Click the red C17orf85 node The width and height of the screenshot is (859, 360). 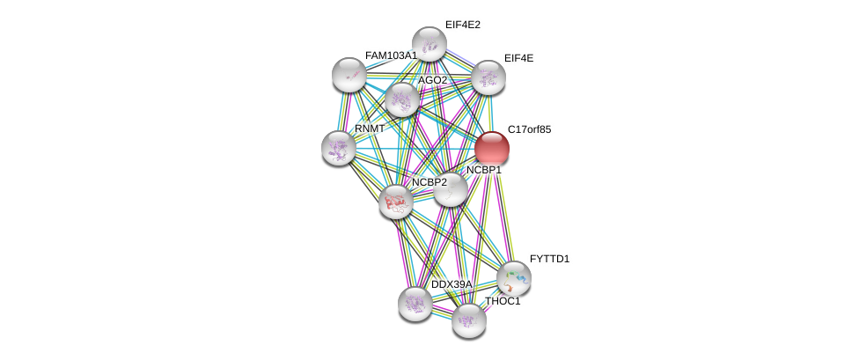491,149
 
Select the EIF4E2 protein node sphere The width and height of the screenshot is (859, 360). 429,43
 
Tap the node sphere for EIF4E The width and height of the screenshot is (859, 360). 488,77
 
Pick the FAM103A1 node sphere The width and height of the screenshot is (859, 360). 349,74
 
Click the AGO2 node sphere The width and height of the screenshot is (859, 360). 402,99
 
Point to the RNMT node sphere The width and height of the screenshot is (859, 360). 338,148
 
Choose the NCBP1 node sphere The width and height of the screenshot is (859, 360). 451,189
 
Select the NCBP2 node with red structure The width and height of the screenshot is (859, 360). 396,202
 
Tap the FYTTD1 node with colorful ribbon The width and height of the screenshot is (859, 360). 514,278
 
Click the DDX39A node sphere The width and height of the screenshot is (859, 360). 415,304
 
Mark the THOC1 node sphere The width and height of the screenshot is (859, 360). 469,320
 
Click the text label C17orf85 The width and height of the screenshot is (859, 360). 529,130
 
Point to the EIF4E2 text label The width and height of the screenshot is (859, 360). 463,25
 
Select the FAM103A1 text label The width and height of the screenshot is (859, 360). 391,55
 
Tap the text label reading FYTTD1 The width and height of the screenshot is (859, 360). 549,259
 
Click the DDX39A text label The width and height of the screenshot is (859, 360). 452,284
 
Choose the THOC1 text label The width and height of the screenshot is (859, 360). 503,301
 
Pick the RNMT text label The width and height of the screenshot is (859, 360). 371,129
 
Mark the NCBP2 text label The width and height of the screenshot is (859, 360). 429,182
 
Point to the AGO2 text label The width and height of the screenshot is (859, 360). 433,81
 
